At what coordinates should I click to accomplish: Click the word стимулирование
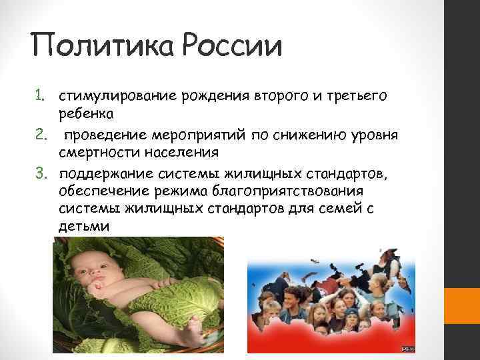[117, 96]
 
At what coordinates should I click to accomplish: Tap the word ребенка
[86, 114]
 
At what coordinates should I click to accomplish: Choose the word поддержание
[101, 175]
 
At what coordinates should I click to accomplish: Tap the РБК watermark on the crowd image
[407, 349]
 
